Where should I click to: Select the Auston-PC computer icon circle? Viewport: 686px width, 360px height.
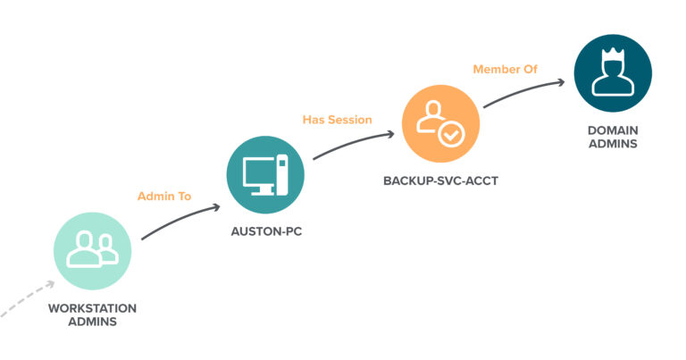tap(265, 174)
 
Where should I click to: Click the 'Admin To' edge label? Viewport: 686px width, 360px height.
tap(164, 195)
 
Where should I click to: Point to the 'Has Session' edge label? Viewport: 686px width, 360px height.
tap(337, 120)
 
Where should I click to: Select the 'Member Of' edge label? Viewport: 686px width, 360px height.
tap(506, 69)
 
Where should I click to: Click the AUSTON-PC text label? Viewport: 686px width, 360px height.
tap(265, 231)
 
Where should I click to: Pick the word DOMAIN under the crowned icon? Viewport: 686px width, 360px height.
tap(612, 130)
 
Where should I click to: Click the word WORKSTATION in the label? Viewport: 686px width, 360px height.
tap(93, 308)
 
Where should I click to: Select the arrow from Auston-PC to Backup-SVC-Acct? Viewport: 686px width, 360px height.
tap(353, 147)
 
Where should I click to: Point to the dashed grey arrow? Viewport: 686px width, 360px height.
tap(27, 299)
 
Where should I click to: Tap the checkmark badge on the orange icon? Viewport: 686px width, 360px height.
tap(450, 135)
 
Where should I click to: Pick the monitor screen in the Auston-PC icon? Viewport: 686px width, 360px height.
tap(260, 170)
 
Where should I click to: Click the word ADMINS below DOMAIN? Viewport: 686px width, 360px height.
tap(612, 143)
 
